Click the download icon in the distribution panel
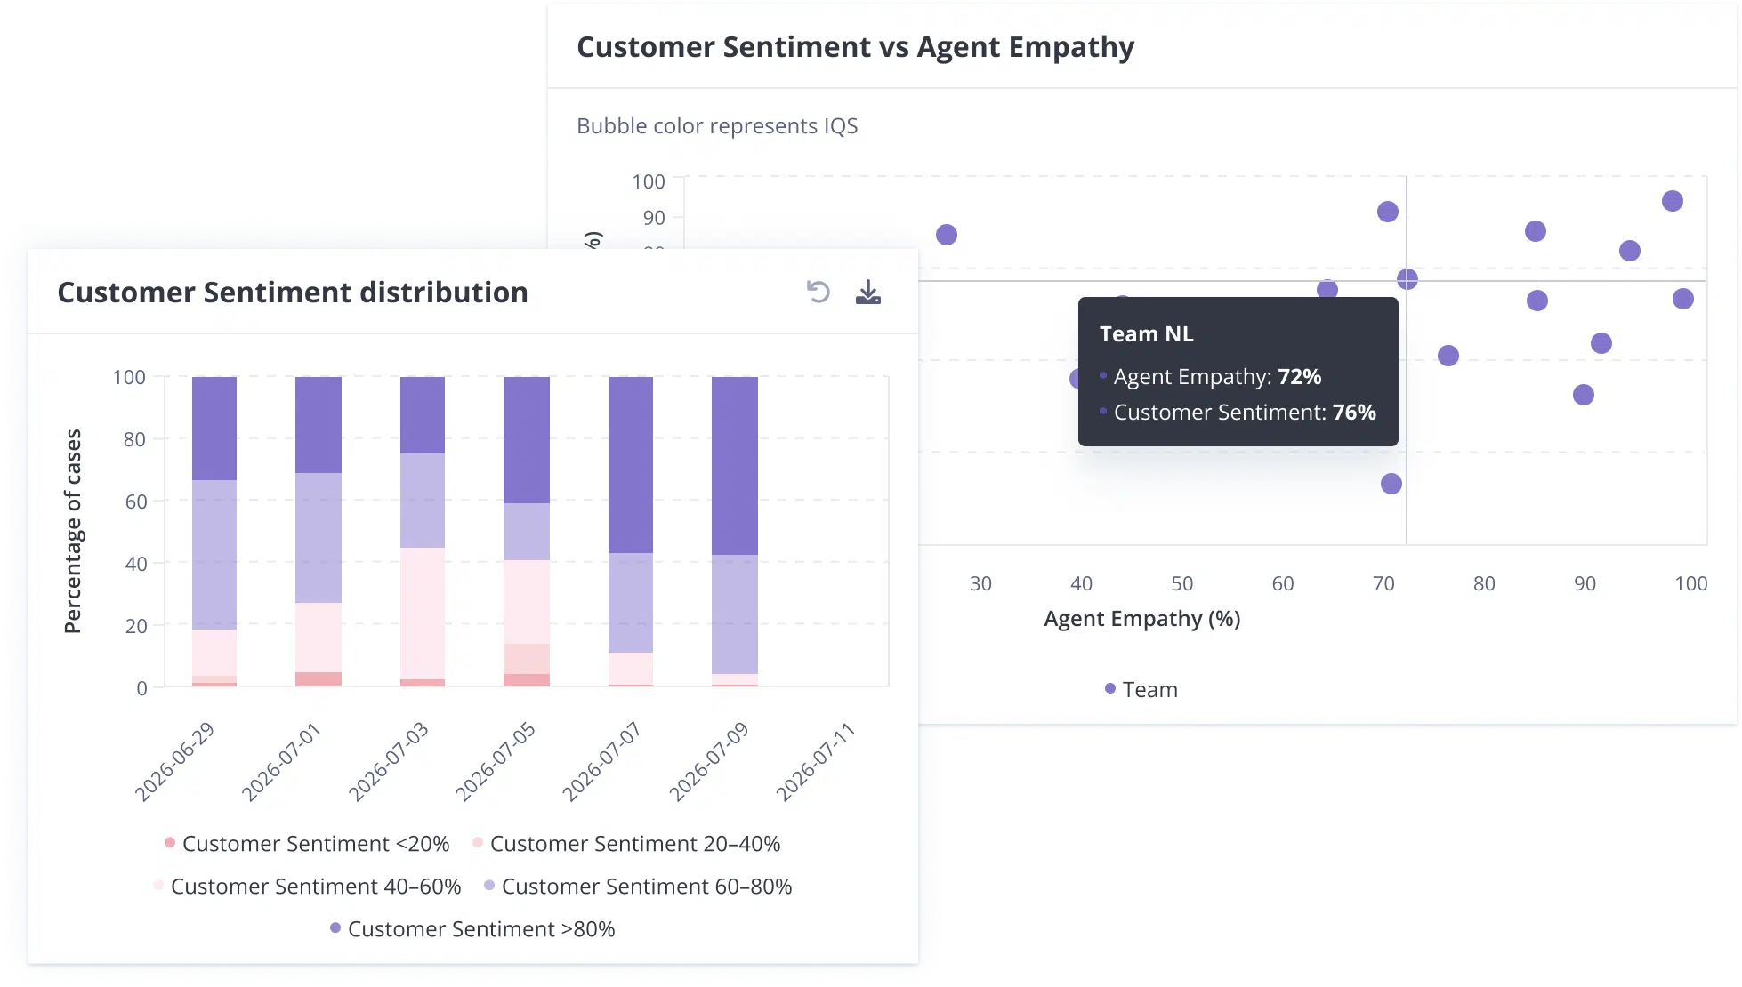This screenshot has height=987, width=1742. tap(867, 292)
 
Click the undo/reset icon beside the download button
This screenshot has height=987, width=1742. tap(818, 292)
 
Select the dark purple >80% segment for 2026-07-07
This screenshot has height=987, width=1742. tap(631, 464)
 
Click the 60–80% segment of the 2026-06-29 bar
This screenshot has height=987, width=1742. tap(214, 555)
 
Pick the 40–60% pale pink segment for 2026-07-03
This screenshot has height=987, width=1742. tap(423, 614)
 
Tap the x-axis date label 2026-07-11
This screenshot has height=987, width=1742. tap(816, 762)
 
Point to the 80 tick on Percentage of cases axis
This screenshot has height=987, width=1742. tap(134, 439)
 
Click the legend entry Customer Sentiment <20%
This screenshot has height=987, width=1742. tap(307, 843)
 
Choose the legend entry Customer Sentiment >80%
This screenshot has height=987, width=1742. tap(472, 928)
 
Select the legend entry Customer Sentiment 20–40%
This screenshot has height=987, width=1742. tap(626, 843)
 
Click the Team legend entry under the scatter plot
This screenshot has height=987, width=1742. tap(1141, 689)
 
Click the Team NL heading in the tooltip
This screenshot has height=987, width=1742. tap(1146, 333)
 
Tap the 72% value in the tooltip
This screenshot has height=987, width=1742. tap(1299, 376)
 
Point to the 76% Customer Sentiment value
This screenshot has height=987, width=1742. tap(1354, 412)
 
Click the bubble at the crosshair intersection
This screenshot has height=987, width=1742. tap(1407, 279)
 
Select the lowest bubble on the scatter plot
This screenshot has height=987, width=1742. tap(1391, 484)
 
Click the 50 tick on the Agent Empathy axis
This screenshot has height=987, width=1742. tap(1181, 583)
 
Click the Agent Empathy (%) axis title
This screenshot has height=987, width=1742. tap(1141, 618)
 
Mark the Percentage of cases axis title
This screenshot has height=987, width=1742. tap(73, 531)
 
